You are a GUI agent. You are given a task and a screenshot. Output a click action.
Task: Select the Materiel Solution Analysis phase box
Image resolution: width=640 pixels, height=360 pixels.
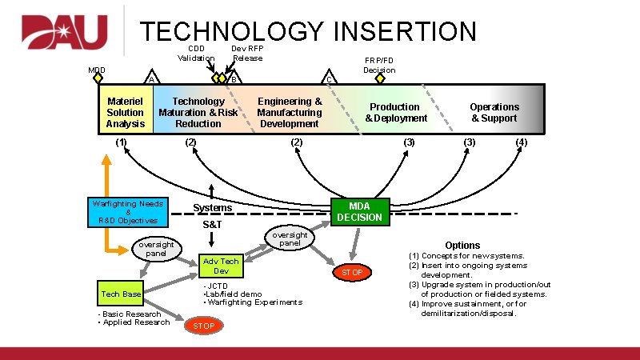coord(126,113)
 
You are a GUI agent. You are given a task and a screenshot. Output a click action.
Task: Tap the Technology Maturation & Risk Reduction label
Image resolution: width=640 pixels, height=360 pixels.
coord(198,113)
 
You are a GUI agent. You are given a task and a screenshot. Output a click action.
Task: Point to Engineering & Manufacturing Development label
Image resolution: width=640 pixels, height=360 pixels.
coord(290,113)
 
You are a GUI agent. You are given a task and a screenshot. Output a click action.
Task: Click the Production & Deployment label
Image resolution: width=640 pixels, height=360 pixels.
coord(396,113)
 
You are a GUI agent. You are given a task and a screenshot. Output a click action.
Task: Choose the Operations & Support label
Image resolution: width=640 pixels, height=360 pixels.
coord(494,113)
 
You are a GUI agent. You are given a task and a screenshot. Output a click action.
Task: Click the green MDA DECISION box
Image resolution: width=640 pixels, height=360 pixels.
coord(360,211)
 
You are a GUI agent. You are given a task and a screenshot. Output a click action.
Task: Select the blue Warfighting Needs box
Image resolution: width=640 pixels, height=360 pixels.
coord(128,212)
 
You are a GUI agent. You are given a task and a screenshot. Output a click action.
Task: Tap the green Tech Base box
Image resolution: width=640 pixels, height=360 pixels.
coord(121,294)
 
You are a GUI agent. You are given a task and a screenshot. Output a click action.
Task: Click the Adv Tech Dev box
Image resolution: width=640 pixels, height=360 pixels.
coord(221,266)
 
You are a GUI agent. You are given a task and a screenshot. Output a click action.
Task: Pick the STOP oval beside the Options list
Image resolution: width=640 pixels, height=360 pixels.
coord(352,273)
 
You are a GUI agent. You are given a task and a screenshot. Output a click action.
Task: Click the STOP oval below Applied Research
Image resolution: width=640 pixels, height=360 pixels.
coord(203,326)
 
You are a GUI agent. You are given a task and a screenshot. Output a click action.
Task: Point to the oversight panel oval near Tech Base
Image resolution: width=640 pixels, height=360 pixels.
coord(156,248)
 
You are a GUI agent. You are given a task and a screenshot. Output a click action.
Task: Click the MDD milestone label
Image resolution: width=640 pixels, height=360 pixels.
coord(96,70)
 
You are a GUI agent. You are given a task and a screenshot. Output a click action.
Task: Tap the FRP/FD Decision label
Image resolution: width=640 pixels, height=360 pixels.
coord(379,65)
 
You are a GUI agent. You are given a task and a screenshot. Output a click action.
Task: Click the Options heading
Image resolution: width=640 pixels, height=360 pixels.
coord(462,246)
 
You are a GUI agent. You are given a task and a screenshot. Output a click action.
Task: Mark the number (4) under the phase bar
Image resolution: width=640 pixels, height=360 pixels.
coord(522,142)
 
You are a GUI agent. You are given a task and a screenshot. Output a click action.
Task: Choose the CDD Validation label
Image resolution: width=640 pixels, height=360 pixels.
coord(196,53)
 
